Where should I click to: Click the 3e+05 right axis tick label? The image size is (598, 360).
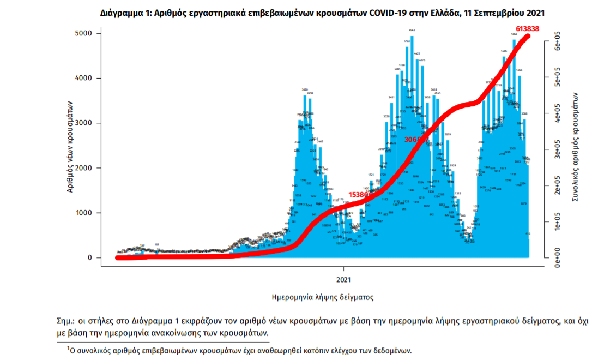click(558, 152)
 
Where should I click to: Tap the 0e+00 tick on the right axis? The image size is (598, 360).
click(558, 259)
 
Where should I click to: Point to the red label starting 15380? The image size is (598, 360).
click(360, 194)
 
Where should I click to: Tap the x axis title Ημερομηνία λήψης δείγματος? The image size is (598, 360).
click(322, 297)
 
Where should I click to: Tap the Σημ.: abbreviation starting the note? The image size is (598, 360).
click(65, 321)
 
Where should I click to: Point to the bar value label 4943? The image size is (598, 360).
click(412, 30)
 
